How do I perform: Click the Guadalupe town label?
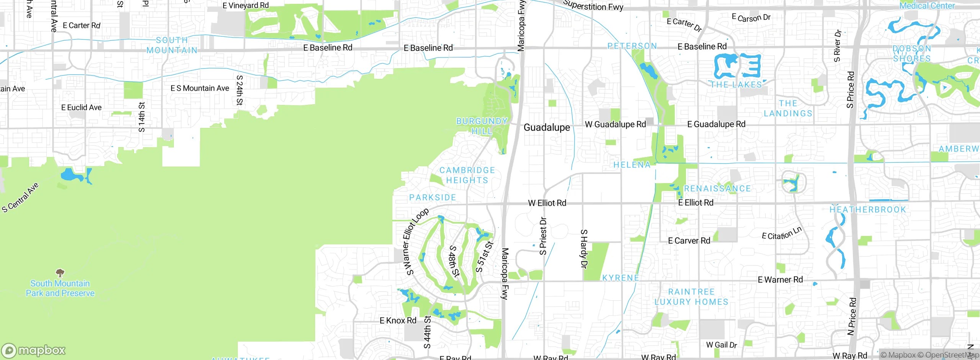point(547,128)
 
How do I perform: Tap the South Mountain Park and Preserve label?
point(60,288)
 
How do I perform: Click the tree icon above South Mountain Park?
point(60,273)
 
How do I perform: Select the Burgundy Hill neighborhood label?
point(482,126)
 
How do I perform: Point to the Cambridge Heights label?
point(467,175)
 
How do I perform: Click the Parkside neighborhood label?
point(433,198)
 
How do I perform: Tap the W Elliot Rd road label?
point(547,203)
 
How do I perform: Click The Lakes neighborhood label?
point(736,85)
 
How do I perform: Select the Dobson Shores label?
point(911,54)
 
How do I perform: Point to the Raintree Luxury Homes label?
point(691,297)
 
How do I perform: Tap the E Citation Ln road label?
point(781,234)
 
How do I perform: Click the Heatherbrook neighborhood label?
point(868,209)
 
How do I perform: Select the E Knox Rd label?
point(398,321)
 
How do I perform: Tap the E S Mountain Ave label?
point(200,88)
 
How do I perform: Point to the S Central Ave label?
point(20,198)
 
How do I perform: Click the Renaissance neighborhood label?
point(717,188)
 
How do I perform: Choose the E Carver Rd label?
point(689,241)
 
